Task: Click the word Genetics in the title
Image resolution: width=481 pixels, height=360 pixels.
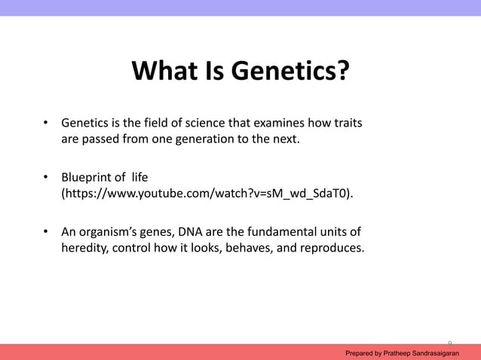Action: click(x=290, y=72)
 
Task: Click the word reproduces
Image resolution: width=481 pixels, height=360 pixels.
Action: click(x=329, y=248)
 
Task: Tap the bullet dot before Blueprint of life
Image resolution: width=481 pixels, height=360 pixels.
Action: click(x=45, y=178)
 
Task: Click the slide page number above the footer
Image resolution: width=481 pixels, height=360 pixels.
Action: click(x=450, y=341)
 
